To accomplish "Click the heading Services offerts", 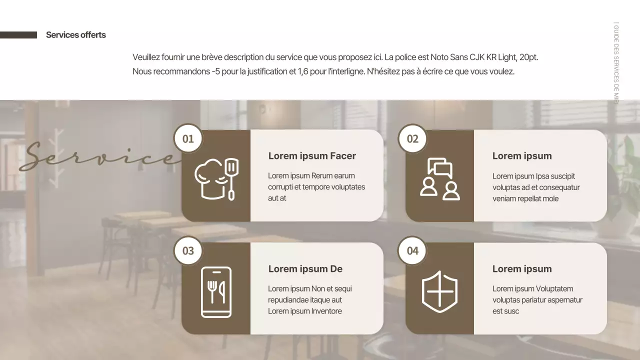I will click(76, 35).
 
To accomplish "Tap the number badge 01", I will click(188, 138).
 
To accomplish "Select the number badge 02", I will click(412, 138).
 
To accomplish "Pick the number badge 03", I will click(188, 250).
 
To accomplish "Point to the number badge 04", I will click(412, 250).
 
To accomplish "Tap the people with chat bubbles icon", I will click(439, 179).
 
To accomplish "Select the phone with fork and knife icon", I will click(216, 292).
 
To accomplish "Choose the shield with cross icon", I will click(439, 292).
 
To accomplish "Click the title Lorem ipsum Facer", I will click(312, 156).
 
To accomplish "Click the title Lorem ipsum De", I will click(305, 269).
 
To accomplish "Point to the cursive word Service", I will click(100, 156).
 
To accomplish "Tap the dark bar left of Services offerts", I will click(18, 35).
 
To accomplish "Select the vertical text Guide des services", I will click(616, 62).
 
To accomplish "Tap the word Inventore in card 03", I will click(326, 311).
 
